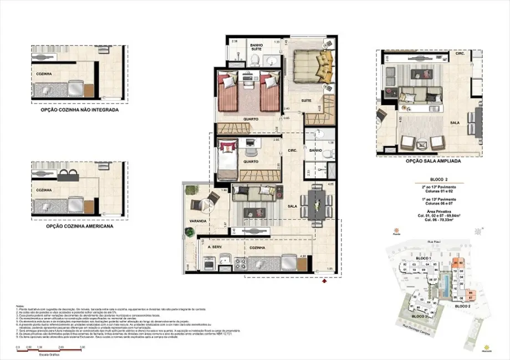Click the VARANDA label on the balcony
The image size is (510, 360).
[x=197, y=221]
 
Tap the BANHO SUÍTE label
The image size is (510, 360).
[x=256, y=47]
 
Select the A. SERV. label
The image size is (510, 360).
[x=216, y=248]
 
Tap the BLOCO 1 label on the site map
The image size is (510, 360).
[x=424, y=259]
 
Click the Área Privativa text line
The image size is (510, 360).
[x=424, y=212]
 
